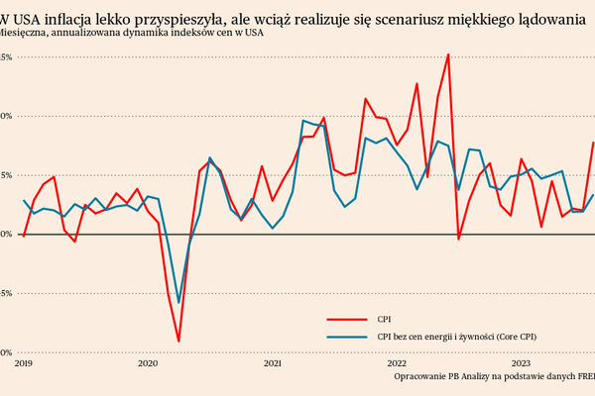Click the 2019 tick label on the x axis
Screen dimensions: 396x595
23,363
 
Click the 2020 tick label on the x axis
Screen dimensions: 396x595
148,363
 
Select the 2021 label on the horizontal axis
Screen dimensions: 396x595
274,363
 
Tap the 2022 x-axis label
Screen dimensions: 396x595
398,363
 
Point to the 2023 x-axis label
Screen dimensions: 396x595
523,363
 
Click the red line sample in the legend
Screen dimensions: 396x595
347,320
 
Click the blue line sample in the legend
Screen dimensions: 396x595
347,336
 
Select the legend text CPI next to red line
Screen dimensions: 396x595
385,320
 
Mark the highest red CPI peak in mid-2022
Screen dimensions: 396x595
448,54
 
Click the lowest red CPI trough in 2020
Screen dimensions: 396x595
178,342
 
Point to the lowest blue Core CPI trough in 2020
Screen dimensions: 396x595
178,303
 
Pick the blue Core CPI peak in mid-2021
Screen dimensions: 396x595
303,121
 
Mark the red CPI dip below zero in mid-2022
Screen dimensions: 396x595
458,239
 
